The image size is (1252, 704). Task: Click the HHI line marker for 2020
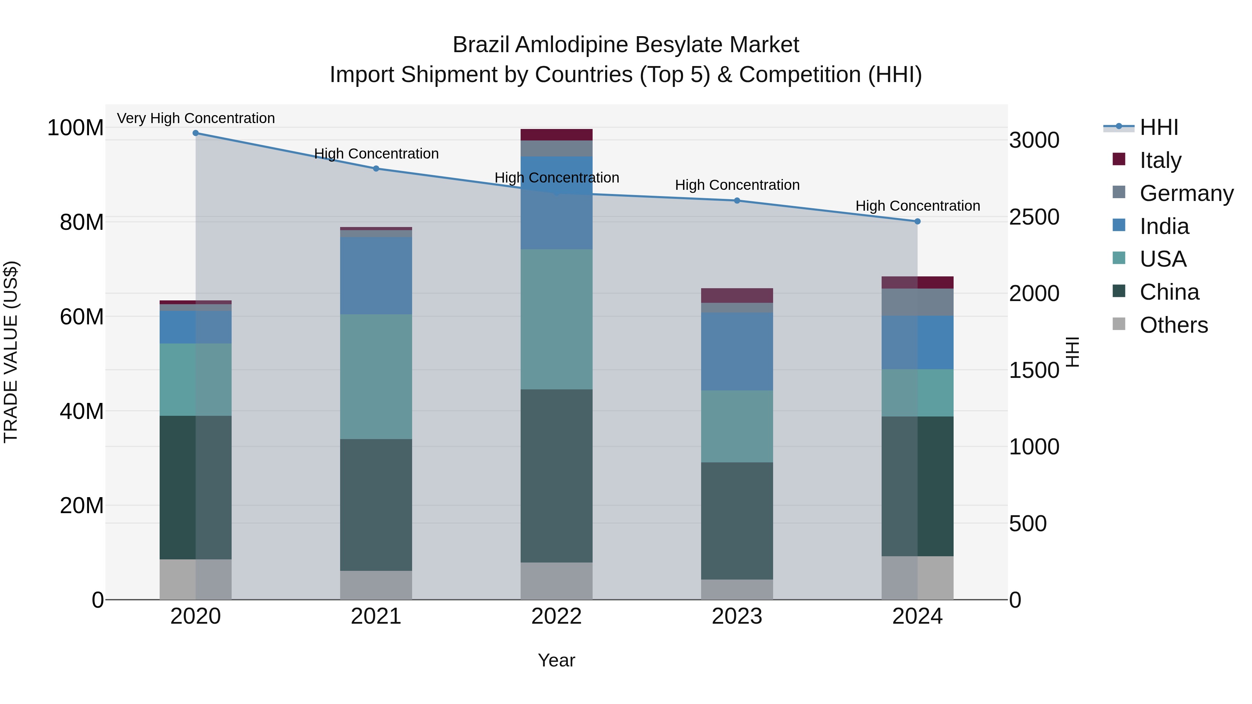tap(195, 133)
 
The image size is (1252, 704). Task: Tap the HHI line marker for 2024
tap(917, 221)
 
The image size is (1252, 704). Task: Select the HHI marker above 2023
tap(737, 201)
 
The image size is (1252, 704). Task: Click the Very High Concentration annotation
tap(196, 118)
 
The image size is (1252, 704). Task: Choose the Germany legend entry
tap(1186, 193)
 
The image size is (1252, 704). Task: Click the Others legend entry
tap(1173, 325)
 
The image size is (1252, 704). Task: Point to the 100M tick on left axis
tap(75, 128)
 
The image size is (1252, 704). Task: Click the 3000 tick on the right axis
tap(1034, 140)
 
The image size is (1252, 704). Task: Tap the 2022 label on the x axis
tap(556, 616)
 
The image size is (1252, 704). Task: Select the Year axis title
tap(556, 660)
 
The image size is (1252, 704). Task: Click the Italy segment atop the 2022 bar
tap(556, 135)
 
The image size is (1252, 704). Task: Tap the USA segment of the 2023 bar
tap(737, 426)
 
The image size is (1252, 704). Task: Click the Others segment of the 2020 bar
tap(195, 579)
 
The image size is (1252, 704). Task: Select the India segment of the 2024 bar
tap(917, 342)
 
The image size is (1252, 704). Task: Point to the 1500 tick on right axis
tap(1034, 370)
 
